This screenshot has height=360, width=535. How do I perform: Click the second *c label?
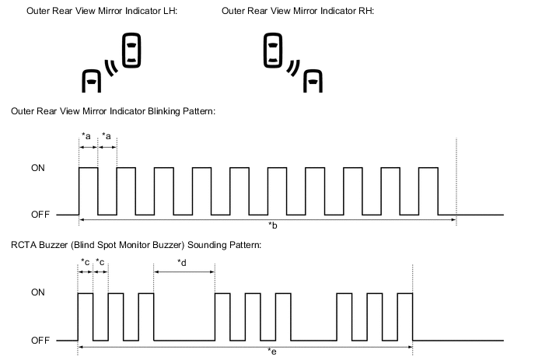[100, 262]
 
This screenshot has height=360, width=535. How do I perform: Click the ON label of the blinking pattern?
[37, 167]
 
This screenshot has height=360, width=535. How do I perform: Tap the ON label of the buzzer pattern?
[37, 293]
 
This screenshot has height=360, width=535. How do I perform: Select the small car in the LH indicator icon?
[92, 81]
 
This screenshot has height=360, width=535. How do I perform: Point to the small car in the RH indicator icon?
[313, 81]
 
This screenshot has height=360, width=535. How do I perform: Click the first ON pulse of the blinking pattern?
[88, 190]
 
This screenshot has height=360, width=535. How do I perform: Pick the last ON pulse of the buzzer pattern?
[404, 316]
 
